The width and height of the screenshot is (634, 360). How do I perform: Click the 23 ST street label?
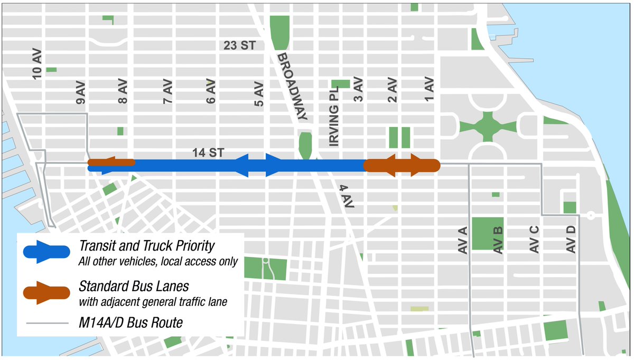(x=240, y=45)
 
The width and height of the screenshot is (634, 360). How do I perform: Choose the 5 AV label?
(x=258, y=94)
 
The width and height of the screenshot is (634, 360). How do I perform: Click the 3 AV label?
(x=358, y=91)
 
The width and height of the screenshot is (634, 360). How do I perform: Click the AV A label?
(x=463, y=241)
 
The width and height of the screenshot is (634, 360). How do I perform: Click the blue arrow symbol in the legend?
(x=46, y=252)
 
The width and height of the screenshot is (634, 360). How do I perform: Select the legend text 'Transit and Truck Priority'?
(x=147, y=246)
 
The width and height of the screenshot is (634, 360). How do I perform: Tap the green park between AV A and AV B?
(x=487, y=233)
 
